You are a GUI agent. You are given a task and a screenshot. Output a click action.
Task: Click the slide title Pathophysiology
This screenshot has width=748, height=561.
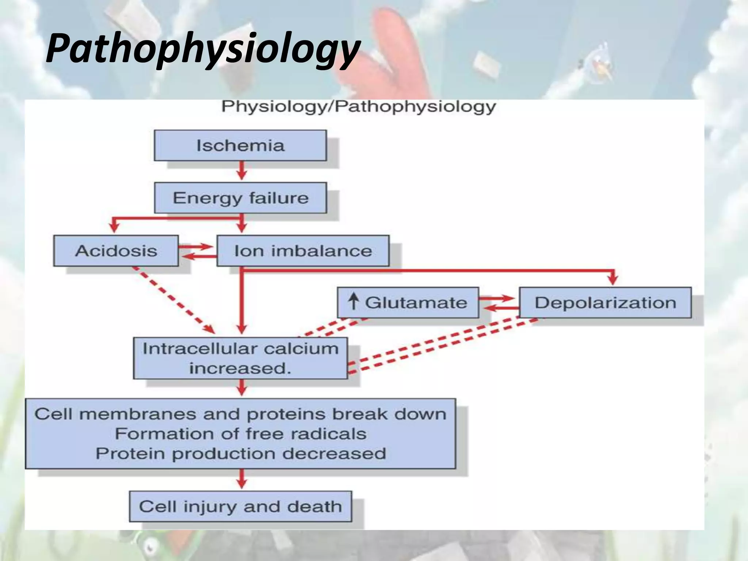(x=203, y=49)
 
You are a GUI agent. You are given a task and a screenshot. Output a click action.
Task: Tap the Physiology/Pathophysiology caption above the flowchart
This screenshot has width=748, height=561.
(x=358, y=107)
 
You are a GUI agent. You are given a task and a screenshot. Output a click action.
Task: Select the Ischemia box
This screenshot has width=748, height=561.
(x=240, y=145)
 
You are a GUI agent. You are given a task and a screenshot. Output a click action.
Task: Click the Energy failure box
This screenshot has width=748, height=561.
(x=240, y=198)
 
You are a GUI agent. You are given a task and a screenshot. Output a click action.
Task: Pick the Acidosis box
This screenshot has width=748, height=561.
(x=116, y=251)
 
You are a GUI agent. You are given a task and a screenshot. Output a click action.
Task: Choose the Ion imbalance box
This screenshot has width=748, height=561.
(x=303, y=251)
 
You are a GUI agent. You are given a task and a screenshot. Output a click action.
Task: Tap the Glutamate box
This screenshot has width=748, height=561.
(x=408, y=303)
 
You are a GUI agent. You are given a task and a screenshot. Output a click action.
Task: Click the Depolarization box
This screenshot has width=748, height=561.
(x=605, y=303)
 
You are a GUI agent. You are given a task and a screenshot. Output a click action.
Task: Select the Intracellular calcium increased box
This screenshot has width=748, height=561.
(x=240, y=358)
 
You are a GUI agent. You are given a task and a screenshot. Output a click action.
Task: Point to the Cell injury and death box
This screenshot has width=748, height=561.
(x=240, y=507)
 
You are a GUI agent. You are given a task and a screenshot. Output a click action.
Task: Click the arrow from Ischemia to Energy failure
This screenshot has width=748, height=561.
(x=241, y=171)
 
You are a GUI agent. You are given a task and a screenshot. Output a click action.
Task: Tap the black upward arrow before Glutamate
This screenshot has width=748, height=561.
(x=353, y=302)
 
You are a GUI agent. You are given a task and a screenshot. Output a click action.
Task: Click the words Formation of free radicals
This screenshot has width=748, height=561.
(x=240, y=434)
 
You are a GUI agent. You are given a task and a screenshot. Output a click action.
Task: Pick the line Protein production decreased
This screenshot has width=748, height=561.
(x=240, y=454)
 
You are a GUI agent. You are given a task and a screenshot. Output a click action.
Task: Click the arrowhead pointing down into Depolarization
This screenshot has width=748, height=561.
(x=613, y=280)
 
